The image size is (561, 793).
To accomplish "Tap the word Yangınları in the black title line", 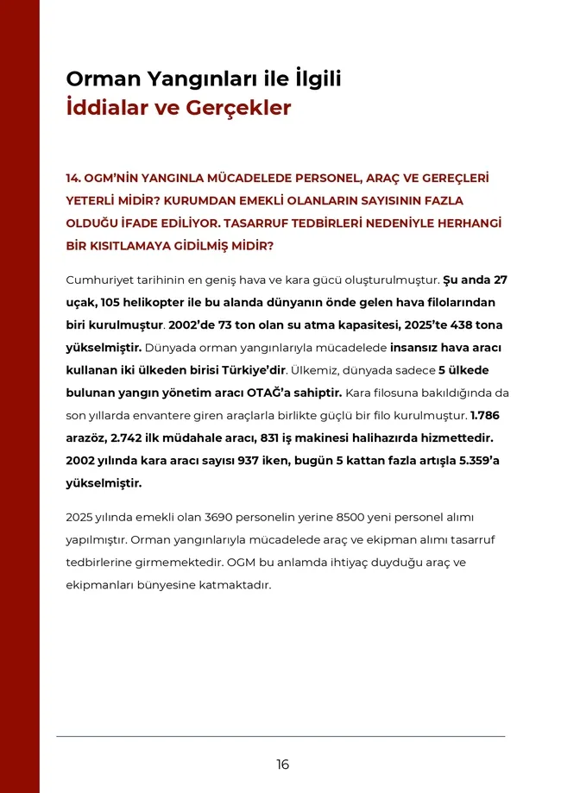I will [x=184, y=79].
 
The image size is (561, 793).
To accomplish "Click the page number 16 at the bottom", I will [x=283, y=765].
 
